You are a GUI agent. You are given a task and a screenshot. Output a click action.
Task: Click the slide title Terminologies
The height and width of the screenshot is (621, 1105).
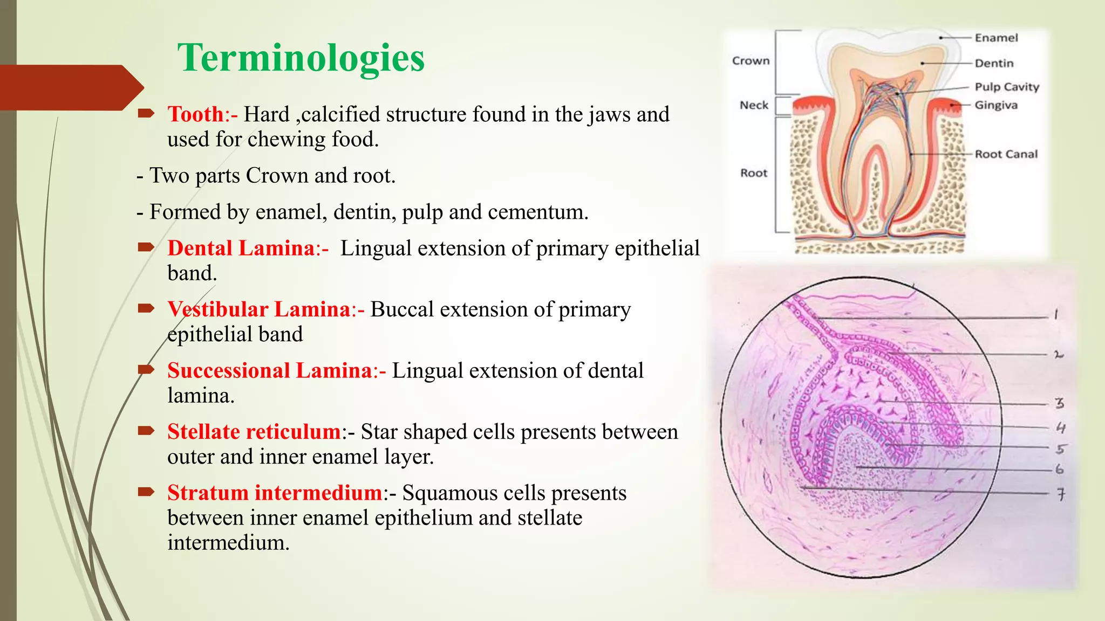click(x=301, y=58)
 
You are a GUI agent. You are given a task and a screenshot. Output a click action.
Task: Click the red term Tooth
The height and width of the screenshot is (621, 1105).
click(x=195, y=114)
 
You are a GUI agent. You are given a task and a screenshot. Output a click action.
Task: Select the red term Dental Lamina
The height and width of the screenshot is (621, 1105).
click(x=241, y=248)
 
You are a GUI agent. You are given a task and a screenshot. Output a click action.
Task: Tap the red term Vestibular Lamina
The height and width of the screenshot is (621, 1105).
click(x=259, y=309)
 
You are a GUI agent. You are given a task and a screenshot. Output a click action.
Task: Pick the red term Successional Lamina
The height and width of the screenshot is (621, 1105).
click(x=269, y=371)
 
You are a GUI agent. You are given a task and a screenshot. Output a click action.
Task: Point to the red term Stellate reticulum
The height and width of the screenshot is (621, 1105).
click(x=254, y=432)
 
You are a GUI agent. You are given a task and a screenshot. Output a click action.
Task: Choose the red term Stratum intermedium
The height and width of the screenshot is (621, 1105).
click(x=275, y=493)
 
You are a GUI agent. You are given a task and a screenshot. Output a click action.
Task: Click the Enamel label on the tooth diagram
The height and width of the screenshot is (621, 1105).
click(x=996, y=38)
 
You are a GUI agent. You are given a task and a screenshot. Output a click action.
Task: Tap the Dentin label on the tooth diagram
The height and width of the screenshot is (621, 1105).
click(x=994, y=63)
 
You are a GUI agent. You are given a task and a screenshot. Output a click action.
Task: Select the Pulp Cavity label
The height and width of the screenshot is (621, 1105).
click(x=1006, y=87)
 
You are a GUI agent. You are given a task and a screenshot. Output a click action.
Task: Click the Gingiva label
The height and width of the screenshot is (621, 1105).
click(x=996, y=105)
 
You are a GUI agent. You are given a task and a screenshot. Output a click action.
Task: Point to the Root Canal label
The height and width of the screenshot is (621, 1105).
click(x=1006, y=154)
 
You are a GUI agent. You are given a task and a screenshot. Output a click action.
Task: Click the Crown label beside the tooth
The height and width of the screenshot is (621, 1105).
click(x=751, y=61)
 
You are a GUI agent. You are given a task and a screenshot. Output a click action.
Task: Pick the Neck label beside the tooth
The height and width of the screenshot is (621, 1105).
click(x=754, y=105)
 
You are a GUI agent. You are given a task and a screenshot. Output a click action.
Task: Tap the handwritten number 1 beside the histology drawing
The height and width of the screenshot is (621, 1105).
click(x=1056, y=314)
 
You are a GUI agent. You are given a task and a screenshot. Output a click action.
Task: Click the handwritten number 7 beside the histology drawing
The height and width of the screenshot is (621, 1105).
click(x=1061, y=494)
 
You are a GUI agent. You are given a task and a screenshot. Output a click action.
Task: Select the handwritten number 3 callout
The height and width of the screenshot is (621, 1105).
click(x=1060, y=403)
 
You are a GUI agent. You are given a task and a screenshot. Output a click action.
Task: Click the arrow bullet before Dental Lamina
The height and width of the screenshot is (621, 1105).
click(x=146, y=247)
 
